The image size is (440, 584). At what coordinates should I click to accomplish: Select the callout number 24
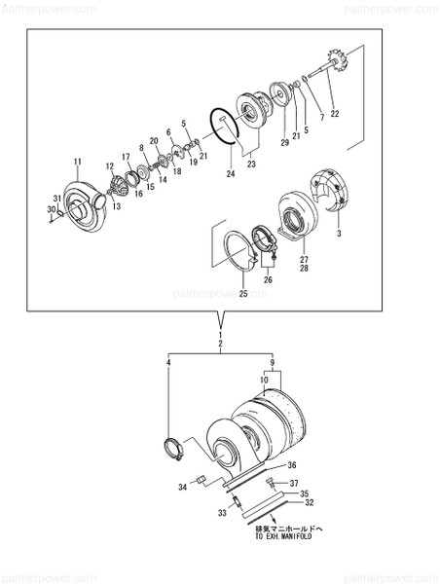pos(231,175)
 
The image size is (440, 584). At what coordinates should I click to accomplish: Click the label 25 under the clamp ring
pos(243,294)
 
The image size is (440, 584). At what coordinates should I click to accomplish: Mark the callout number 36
pos(292,465)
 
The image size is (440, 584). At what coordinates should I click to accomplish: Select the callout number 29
pos(285,143)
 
